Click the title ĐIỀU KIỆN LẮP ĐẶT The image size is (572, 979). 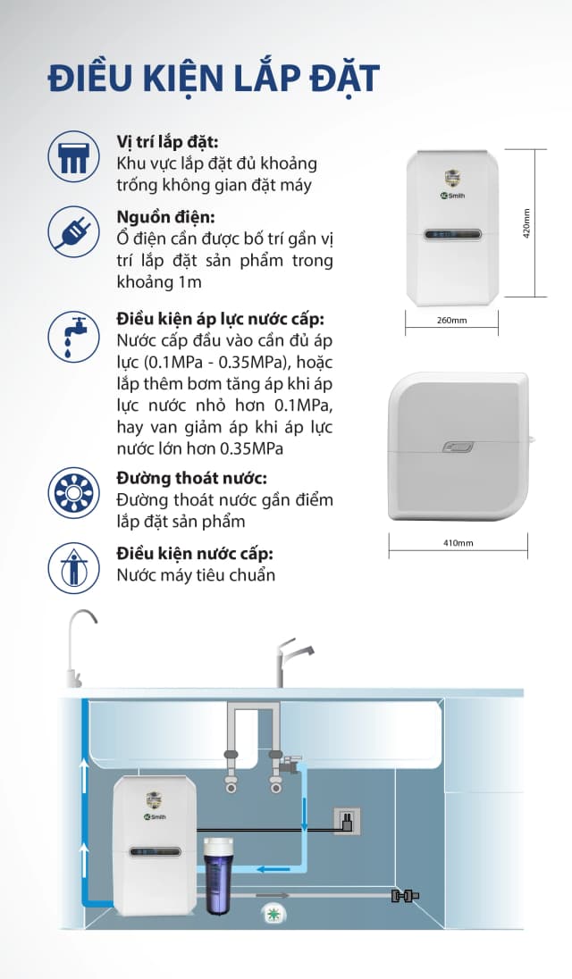[x=214, y=77]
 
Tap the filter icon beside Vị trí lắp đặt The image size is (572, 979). [x=73, y=155]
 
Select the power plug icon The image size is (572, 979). [x=73, y=231]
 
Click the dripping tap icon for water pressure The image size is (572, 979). [x=73, y=337]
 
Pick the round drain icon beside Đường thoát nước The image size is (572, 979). [x=73, y=493]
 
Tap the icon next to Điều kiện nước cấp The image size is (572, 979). [x=73, y=566]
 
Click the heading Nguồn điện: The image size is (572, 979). [x=165, y=217]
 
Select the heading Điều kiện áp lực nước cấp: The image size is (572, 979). [x=220, y=319]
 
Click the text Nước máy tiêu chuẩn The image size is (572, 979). [x=196, y=574]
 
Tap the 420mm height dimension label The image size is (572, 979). [x=526, y=222]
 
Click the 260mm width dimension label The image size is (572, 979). [x=451, y=320]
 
